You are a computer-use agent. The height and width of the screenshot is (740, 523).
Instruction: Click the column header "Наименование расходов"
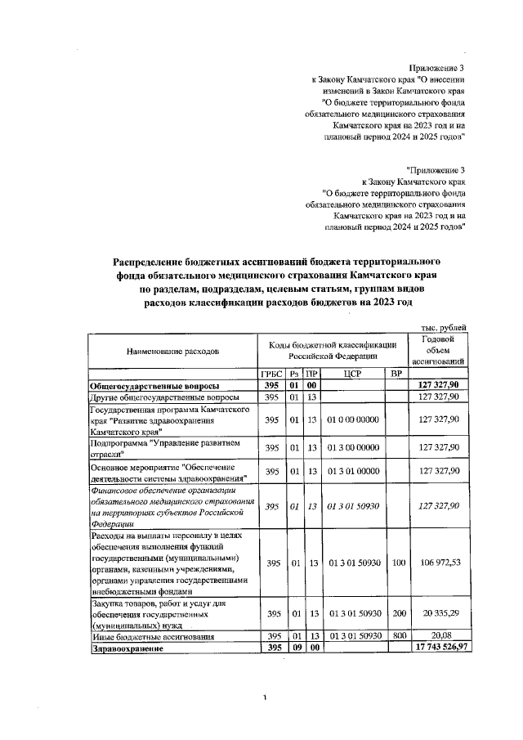[172, 352]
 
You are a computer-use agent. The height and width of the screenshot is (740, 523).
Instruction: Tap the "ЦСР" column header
[352, 374]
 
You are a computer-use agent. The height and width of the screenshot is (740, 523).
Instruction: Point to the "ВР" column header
[396, 374]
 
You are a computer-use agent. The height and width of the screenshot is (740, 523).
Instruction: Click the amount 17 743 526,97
[442, 648]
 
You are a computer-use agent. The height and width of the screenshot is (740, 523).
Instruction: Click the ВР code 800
[396, 635]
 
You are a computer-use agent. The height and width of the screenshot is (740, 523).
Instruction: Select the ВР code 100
[396, 563]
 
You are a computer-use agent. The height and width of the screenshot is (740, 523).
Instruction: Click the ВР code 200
[396, 613]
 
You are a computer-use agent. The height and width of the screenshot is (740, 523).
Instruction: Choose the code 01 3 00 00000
[353, 447]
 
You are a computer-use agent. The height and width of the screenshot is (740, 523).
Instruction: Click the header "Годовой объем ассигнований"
[440, 350]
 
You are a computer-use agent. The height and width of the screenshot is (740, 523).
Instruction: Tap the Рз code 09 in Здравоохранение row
[295, 648]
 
